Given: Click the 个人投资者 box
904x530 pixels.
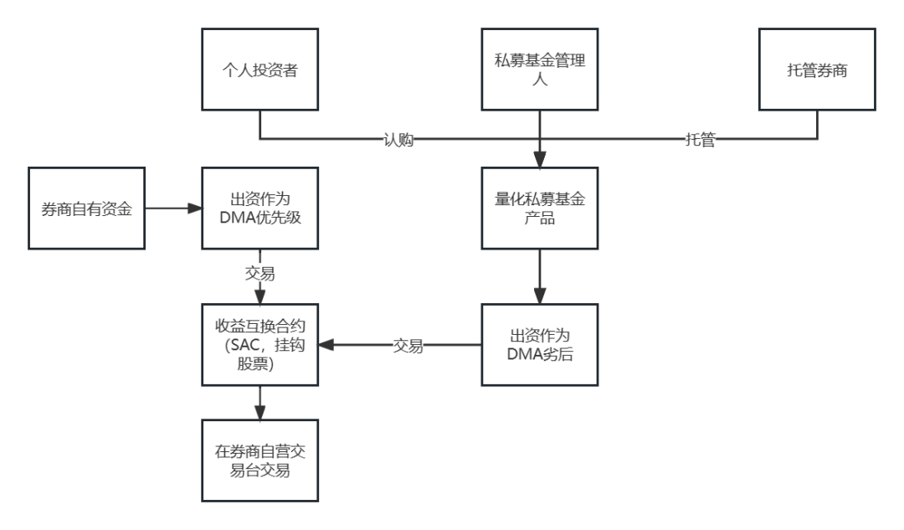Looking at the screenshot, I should pyautogui.click(x=259, y=69).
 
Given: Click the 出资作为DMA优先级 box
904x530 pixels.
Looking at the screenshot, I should pyautogui.click(x=259, y=208).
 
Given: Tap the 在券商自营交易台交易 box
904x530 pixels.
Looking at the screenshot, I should pyautogui.click(x=259, y=461).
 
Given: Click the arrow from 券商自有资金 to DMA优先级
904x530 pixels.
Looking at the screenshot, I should pyautogui.click(x=172, y=208).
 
